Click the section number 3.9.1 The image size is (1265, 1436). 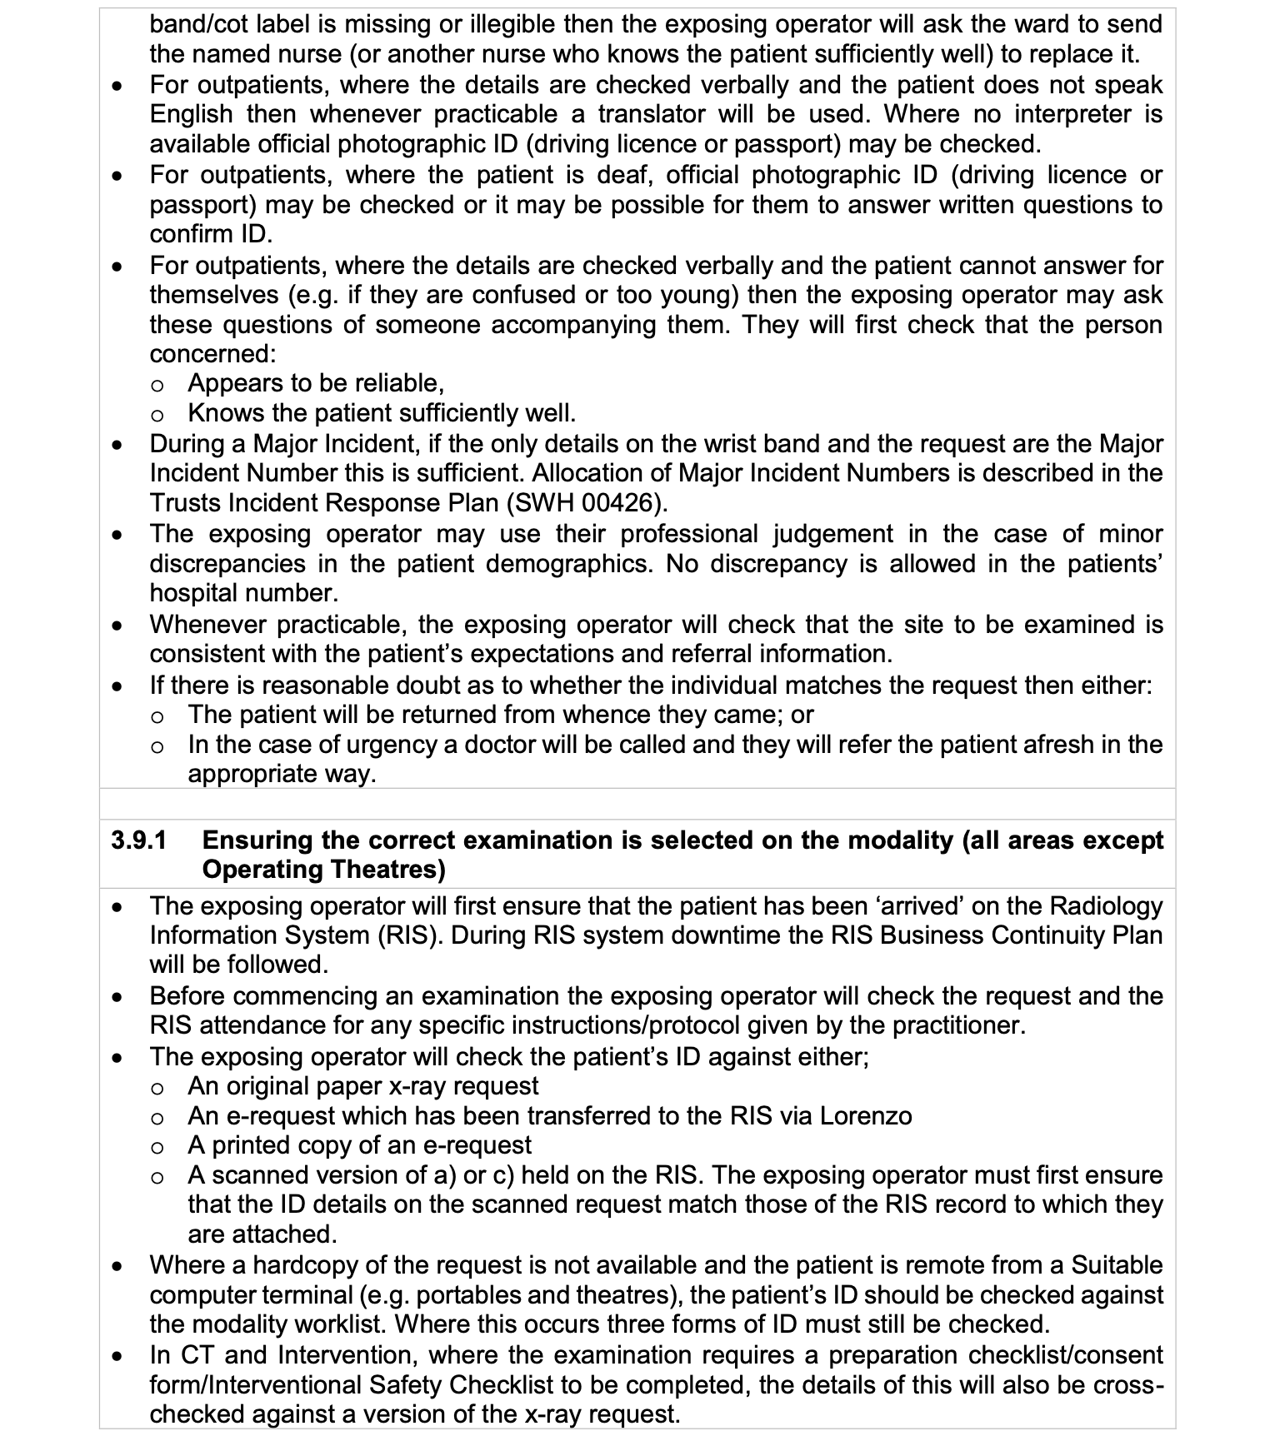coord(138,840)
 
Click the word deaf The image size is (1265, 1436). coord(623,175)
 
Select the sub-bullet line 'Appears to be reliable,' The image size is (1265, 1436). coord(316,383)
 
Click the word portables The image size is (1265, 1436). coord(468,1295)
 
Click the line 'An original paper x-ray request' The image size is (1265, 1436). coord(363,1086)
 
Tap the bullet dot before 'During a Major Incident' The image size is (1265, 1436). coord(120,445)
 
